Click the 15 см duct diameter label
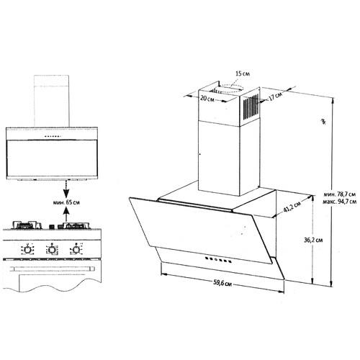coord(243,73)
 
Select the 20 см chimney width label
coord(207,99)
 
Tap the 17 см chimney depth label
coord(275,96)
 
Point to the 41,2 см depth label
coord(292,207)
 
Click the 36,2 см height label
coord(313,240)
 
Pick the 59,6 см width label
coord(222,283)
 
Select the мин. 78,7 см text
coord(339,194)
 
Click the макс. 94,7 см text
coord(339,202)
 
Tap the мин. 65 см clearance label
coord(66,202)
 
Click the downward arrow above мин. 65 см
coord(66,189)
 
